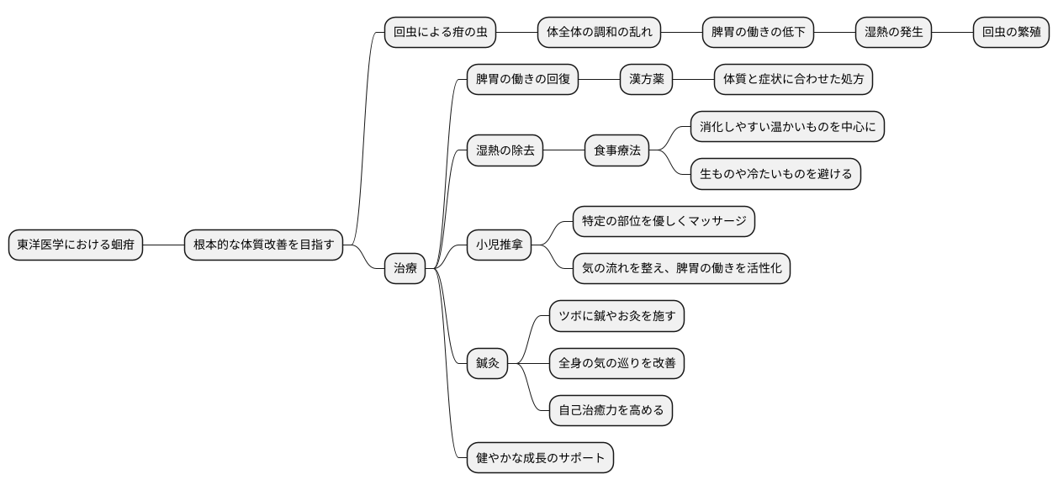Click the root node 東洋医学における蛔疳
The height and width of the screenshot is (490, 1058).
[76, 245]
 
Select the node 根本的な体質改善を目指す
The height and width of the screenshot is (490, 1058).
[263, 245]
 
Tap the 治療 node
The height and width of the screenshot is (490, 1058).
[405, 269]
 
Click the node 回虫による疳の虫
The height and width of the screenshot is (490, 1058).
[440, 34]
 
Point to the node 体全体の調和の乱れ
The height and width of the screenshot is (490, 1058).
[599, 34]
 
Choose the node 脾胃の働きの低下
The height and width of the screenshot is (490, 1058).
[759, 34]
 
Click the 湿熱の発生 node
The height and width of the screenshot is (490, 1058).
[893, 34]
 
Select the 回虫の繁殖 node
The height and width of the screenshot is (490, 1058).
[1009, 34]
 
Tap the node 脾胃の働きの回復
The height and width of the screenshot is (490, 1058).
[522, 80]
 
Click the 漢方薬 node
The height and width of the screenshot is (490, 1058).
[647, 80]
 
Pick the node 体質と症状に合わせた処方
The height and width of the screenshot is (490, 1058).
[793, 80]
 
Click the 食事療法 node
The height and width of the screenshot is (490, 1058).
[617, 151]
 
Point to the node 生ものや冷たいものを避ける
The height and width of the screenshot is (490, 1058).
[775, 175]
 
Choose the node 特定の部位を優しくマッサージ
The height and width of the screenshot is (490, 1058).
[664, 222]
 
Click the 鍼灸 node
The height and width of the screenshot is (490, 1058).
[488, 364]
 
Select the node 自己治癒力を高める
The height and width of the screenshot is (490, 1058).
[611, 411]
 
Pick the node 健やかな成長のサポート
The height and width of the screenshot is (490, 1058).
[540, 459]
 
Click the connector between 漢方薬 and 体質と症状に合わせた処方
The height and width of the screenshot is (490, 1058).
[694, 80]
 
